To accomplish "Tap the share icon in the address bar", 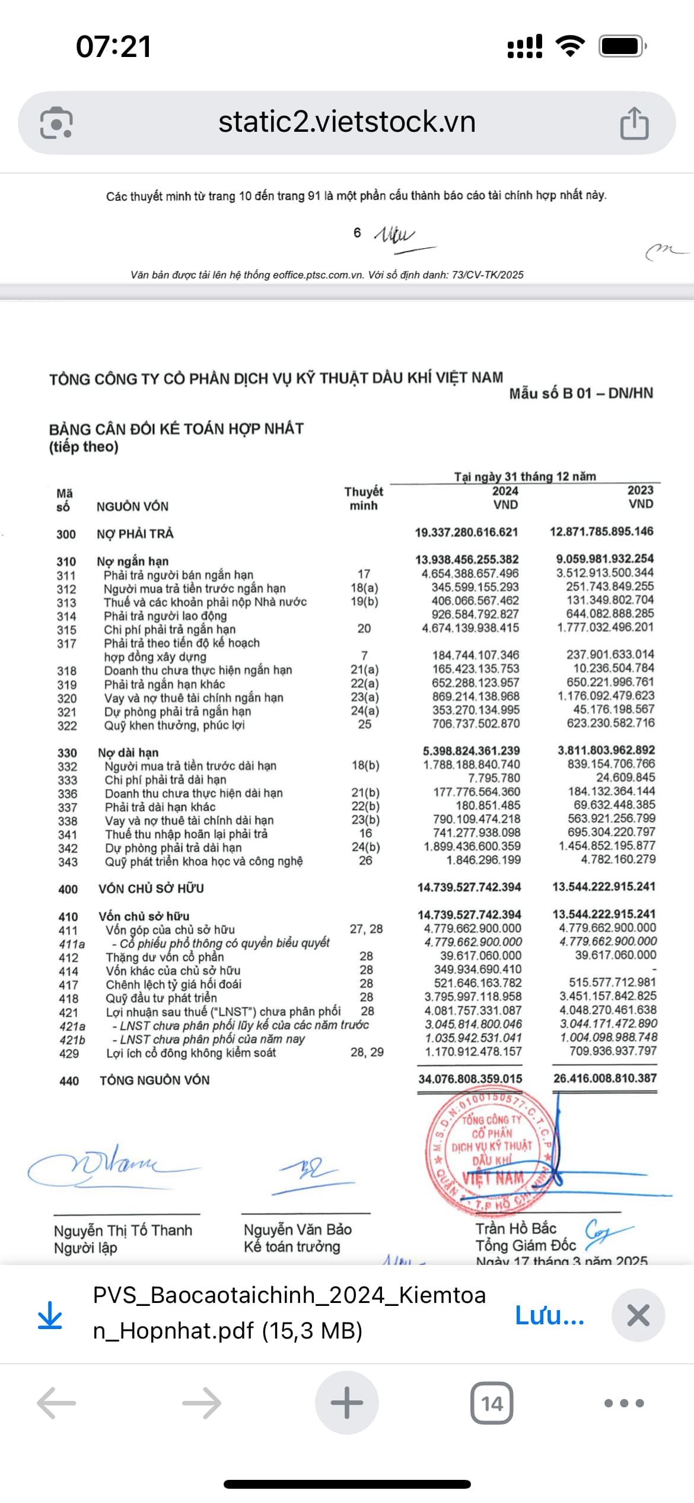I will click(634, 123).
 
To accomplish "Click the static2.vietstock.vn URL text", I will click(347, 122).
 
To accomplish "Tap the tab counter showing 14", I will click(492, 1403).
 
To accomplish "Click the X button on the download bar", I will click(638, 1315).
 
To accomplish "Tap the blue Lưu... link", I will click(549, 1315).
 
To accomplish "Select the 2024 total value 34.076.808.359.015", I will click(470, 1079).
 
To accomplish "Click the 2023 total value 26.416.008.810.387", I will click(605, 1078).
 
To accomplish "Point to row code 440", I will click(69, 1081).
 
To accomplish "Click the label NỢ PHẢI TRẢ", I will click(135, 534).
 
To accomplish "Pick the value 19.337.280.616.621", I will click(466, 532).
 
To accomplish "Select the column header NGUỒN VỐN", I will click(132, 506).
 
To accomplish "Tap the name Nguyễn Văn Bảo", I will click(298, 1229).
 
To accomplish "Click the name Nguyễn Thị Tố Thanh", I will click(123, 1230).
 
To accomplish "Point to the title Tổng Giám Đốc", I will click(526, 1245).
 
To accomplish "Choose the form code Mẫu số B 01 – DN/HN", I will click(581, 393).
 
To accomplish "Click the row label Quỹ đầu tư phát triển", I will click(161, 998).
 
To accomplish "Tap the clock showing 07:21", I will click(114, 46).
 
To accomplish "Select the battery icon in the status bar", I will click(622, 46).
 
